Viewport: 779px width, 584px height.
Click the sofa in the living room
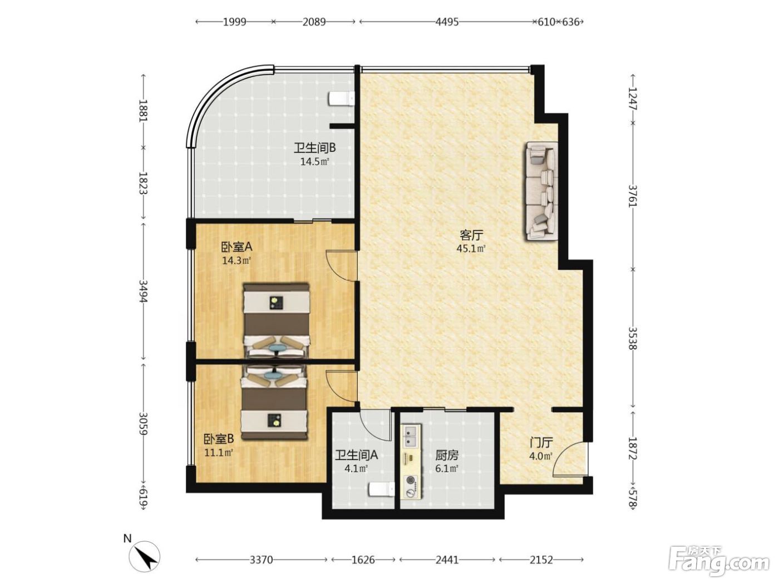541,191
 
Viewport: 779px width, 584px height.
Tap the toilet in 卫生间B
342,98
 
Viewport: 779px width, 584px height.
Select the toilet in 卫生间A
382,489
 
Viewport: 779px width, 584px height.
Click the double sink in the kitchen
411,435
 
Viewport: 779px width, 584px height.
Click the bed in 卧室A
276,319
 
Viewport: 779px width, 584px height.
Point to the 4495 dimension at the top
447,22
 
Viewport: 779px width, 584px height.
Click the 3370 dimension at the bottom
261,560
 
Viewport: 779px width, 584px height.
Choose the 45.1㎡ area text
471,249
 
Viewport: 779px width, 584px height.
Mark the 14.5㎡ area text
315,162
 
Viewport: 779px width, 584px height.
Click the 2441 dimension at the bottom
447,560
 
